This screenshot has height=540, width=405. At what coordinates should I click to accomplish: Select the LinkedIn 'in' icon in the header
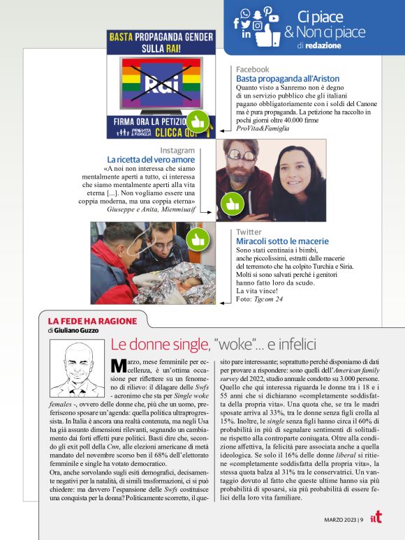point(246,33)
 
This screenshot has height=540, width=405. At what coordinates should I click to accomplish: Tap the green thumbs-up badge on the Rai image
point(198,121)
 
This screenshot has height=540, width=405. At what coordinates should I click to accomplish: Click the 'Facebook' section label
point(252,70)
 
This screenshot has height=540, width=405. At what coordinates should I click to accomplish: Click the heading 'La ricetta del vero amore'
point(151,160)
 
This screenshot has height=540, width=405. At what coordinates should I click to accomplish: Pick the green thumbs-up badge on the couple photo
point(231,204)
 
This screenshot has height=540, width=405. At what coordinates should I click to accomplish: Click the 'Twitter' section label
point(249,232)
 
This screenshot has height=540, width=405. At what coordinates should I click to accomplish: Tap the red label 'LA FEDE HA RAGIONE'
point(80,321)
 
